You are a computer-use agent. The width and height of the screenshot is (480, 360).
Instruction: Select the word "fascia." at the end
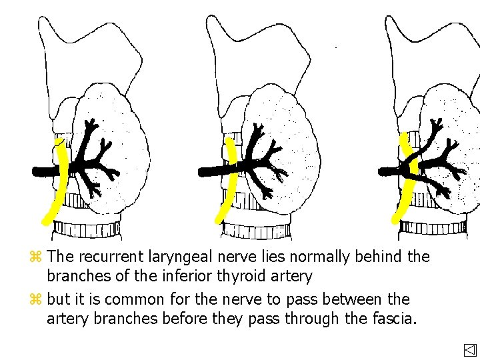click(391, 319)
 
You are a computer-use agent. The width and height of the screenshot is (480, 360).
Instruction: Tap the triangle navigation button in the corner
click(470, 350)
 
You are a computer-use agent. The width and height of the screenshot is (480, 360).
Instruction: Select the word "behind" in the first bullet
click(385, 257)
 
